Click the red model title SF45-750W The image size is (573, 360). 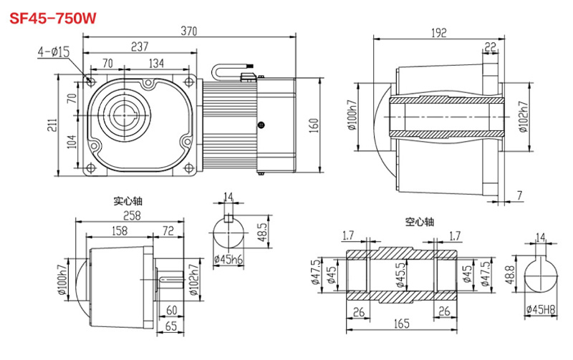click(52, 18)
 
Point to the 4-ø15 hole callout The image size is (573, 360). click(54, 51)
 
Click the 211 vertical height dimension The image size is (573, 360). click(51, 126)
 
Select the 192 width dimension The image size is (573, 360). click(439, 32)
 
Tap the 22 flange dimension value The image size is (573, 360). click(491, 47)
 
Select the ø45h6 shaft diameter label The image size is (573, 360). click(228, 259)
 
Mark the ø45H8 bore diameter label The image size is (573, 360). click(541, 309)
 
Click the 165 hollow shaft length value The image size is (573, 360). click(402, 323)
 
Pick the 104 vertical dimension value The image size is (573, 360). click(71, 142)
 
